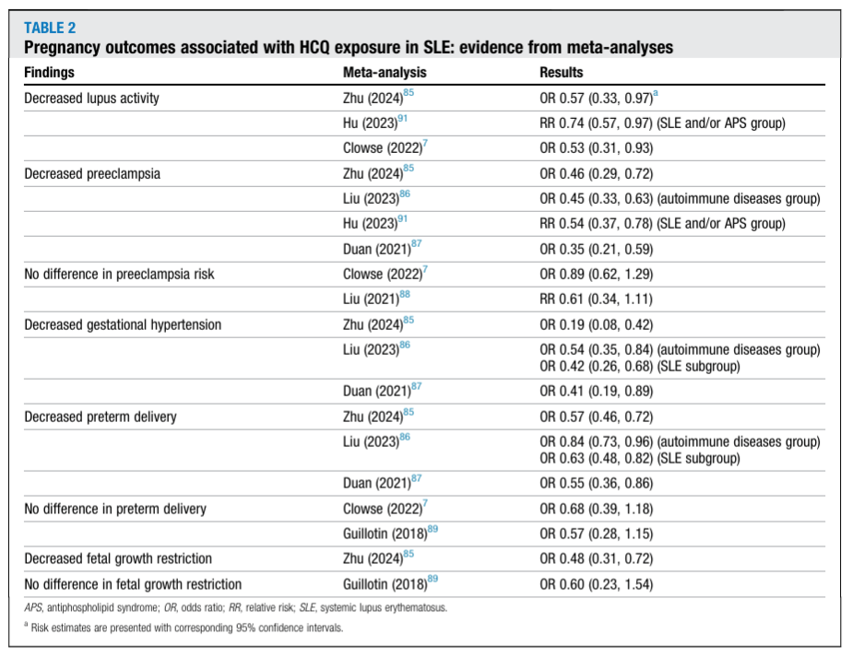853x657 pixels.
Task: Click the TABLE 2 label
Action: (x=50, y=28)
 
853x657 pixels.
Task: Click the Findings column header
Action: (x=50, y=72)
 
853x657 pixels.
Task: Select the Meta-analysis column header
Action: (x=385, y=72)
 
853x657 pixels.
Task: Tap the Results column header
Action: (x=562, y=72)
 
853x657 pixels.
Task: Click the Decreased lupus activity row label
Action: (x=92, y=99)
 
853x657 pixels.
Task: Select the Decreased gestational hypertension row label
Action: (x=123, y=325)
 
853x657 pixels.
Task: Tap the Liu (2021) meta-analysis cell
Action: (x=376, y=299)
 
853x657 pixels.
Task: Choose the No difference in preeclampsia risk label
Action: (x=119, y=274)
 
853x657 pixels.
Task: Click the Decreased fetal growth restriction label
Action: (x=118, y=558)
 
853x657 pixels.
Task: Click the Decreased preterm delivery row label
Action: (x=101, y=416)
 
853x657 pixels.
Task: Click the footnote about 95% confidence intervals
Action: (x=184, y=628)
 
